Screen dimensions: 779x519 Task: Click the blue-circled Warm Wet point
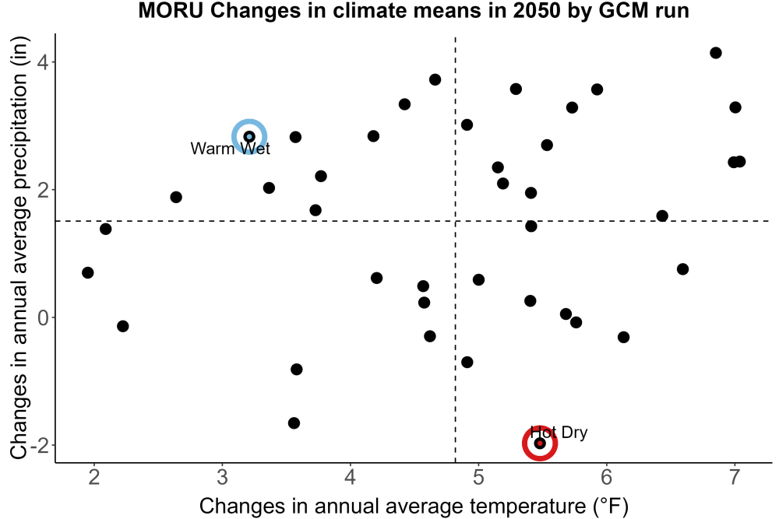(249, 137)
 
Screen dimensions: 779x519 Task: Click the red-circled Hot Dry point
(540, 443)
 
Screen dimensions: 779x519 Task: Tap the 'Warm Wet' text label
(230, 149)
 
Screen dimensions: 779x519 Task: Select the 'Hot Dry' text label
(559, 433)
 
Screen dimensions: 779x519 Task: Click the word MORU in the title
(171, 11)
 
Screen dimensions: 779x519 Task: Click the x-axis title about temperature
(414, 506)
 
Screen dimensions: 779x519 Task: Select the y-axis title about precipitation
(20, 248)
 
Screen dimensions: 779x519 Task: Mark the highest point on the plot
(715, 53)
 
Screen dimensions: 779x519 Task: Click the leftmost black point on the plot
(88, 272)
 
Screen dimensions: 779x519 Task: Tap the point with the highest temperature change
(740, 161)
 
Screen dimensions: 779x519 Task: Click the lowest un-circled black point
(294, 423)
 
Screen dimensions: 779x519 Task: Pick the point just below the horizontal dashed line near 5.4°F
(531, 226)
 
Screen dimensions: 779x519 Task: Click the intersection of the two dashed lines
(456, 221)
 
